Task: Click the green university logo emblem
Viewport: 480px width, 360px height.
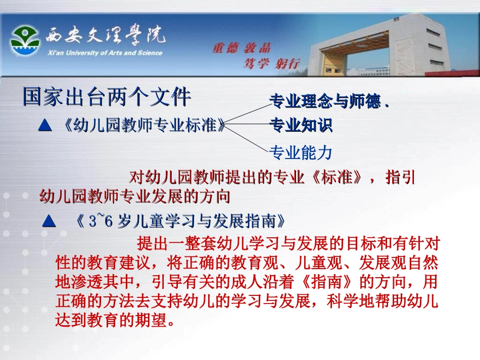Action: pyautogui.click(x=25, y=41)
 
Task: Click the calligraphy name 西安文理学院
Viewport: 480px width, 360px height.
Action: pyautogui.click(x=104, y=35)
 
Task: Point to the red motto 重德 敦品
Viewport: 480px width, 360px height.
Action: pyautogui.click(x=241, y=48)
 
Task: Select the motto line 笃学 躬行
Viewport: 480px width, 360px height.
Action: pyautogui.click(x=271, y=64)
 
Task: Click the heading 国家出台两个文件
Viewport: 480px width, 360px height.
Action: pyautogui.click(x=107, y=97)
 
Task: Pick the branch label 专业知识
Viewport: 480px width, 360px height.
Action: pyautogui.click(x=301, y=125)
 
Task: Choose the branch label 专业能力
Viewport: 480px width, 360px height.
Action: pyautogui.click(x=301, y=151)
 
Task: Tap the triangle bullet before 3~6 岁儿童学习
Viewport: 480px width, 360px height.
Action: pyautogui.click(x=49, y=221)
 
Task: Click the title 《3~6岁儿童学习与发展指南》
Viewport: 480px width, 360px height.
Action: pyautogui.click(x=177, y=221)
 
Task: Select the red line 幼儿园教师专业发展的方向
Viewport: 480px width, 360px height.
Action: pyautogui.click(x=135, y=195)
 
